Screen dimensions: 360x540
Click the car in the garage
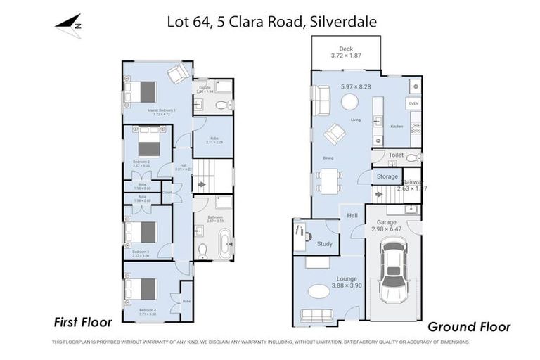tap(392, 269)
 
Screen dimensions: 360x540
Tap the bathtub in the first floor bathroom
tap(224, 247)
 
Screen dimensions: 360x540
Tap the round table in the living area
tap(349, 103)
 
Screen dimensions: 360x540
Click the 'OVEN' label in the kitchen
tap(413, 103)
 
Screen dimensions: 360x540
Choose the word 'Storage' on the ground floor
tap(387, 176)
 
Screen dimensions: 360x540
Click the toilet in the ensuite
tap(223, 105)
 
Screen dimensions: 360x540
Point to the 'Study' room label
tap(324, 244)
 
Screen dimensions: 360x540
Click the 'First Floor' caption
tap(83, 323)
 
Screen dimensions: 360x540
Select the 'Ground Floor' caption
tap(469, 327)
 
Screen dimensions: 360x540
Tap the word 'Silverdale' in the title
tap(342, 22)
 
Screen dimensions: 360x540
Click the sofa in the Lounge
tap(325, 315)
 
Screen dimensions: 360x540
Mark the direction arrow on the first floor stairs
tap(202, 184)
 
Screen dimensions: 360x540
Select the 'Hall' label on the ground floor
tap(352, 217)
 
